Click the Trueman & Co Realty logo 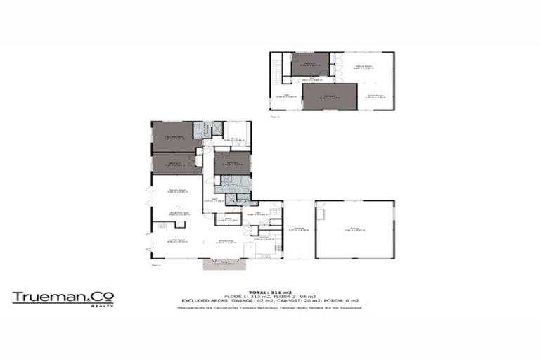(63, 298)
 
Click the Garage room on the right (354, 229)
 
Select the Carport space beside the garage (298, 229)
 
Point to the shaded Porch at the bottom (221, 264)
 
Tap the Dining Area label (225, 243)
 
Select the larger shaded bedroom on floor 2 (329, 96)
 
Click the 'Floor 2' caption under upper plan (276, 117)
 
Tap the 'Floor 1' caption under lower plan (156, 266)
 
